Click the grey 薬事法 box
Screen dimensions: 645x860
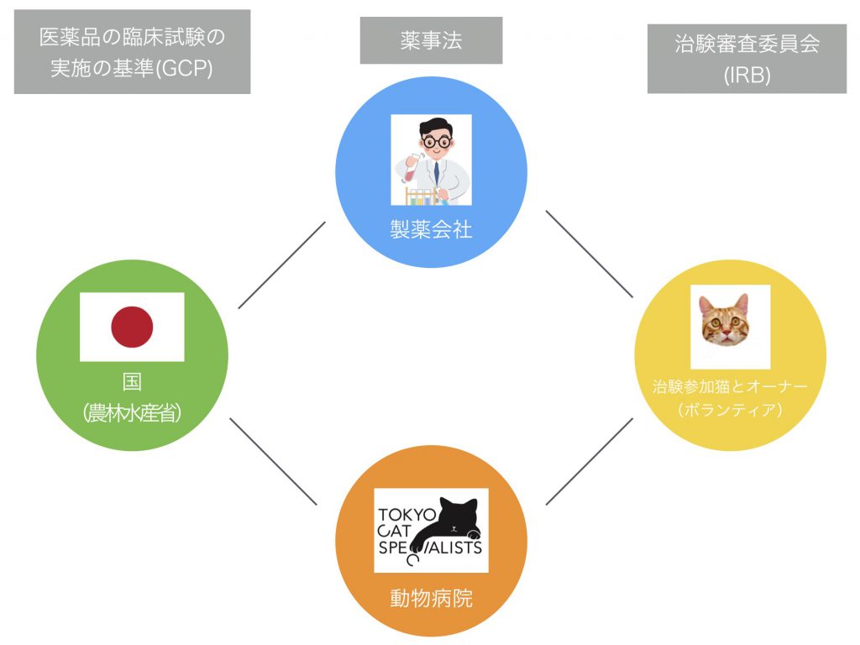431,40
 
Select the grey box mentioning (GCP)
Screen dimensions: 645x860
132,52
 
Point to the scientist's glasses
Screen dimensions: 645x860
436,141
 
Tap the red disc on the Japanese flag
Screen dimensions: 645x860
132,327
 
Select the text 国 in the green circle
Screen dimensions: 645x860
132,382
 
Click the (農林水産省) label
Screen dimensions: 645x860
132,412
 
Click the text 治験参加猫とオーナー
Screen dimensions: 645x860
730,387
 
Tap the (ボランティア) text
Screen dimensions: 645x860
730,411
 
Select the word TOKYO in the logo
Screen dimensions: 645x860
407,514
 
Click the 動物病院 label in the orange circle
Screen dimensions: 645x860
431,598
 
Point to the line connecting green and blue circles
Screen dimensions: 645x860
281,265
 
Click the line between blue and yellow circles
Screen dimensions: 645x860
588,254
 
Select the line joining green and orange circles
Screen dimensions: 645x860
273,461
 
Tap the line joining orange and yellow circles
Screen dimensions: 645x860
588,462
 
